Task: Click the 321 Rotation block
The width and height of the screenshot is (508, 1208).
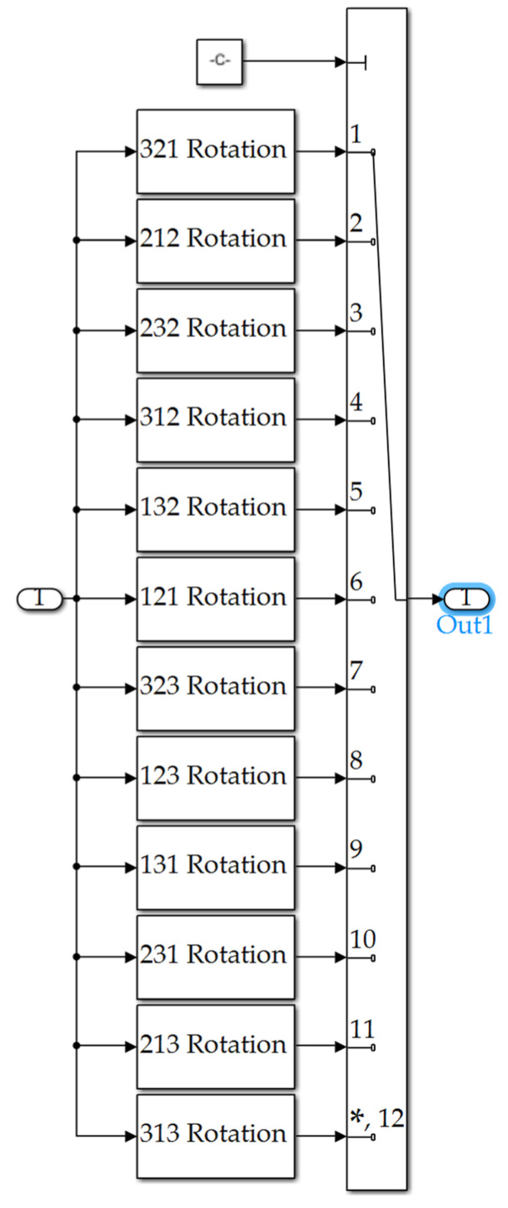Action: click(x=216, y=152)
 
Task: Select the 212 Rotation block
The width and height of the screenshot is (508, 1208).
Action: click(x=216, y=241)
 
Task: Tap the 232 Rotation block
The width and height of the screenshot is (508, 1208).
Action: click(x=216, y=331)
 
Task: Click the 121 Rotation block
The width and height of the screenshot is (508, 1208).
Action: click(x=216, y=599)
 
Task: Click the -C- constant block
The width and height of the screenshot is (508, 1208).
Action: click(x=220, y=62)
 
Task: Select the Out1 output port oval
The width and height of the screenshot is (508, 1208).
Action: click(x=468, y=598)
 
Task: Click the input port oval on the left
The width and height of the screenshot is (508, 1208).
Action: click(x=40, y=599)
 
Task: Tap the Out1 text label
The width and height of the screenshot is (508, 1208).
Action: click(x=466, y=625)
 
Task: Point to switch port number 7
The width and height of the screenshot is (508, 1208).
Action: click(x=356, y=671)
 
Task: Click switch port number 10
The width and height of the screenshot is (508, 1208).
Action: click(x=362, y=939)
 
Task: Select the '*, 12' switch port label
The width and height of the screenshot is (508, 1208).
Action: click(x=377, y=1118)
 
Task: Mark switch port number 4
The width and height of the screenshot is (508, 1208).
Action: click(x=356, y=402)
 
